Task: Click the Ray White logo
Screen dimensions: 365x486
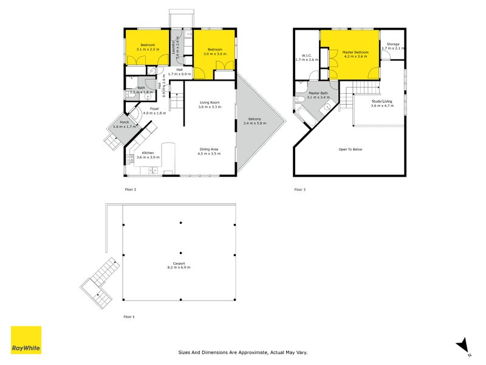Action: click(26, 340)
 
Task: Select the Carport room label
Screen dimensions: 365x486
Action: click(179, 264)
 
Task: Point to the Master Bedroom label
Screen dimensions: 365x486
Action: click(355, 53)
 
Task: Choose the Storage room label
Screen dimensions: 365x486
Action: click(393, 44)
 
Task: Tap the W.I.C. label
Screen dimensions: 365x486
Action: click(306, 55)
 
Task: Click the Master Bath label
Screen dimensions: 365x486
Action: click(319, 94)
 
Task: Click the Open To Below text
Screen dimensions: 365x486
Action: click(351, 149)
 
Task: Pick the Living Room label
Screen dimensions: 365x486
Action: click(209, 102)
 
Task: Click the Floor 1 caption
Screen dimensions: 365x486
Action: click(129, 317)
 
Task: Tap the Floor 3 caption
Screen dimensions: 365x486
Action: click(300, 189)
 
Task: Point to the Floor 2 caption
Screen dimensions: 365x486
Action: click(130, 189)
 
